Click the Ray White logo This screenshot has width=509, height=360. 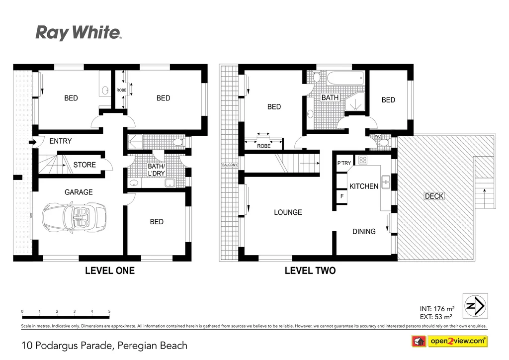coord(78,33)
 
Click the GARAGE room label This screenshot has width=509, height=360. coord(79,192)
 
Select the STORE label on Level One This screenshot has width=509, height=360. coord(85,165)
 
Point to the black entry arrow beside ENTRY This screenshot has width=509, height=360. coord(33,142)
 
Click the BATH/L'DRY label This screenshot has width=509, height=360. coord(156,171)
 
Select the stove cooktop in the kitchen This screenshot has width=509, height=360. coord(363,160)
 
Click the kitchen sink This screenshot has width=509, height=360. coord(385,179)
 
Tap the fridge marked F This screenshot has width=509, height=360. coord(341,196)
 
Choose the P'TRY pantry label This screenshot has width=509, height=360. coord(344,163)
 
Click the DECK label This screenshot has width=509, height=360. coord(433,196)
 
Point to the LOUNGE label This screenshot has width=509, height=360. coord(288,212)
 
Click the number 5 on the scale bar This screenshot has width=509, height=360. coord(109,311)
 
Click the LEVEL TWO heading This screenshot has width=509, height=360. coord(310,271)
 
